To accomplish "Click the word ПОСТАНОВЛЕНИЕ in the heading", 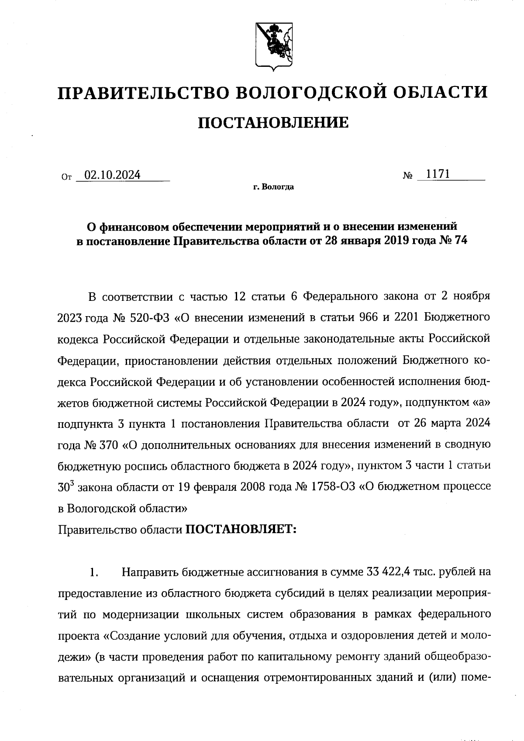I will pos(274,123).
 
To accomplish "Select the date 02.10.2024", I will pos(113,175).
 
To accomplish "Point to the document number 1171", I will pos(438,174).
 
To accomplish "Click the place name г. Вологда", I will pos(273,187).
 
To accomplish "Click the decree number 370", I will pos(109,445).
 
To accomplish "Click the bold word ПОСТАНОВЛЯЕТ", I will pos(241,530).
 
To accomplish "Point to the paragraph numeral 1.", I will pos(93,572).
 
